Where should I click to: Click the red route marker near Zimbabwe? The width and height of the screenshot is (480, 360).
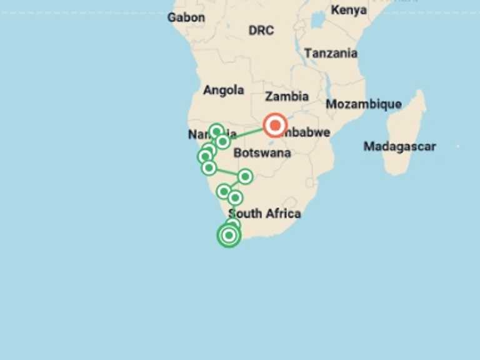point(275,126)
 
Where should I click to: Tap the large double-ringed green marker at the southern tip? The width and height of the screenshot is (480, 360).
point(229,235)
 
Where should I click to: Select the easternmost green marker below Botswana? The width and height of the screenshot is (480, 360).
point(245,177)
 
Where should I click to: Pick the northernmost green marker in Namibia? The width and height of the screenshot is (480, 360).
point(216,131)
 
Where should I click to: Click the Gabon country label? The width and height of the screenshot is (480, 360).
point(186,17)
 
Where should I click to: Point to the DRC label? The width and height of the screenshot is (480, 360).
point(261,30)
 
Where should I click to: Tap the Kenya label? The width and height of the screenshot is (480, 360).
point(349,10)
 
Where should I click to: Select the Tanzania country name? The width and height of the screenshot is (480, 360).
point(331,54)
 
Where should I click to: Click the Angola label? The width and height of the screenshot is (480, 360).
point(223,90)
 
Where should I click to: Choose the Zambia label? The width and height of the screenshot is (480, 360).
point(287,96)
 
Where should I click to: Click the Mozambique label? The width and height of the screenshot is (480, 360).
point(363,104)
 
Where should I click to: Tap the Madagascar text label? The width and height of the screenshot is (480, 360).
point(400,147)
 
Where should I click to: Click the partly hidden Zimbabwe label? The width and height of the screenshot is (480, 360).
point(309,132)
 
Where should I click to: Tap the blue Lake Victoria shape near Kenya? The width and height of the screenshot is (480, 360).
point(317,21)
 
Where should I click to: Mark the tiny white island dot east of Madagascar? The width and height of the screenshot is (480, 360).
point(458,146)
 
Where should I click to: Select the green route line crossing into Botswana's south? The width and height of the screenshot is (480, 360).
point(227,172)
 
